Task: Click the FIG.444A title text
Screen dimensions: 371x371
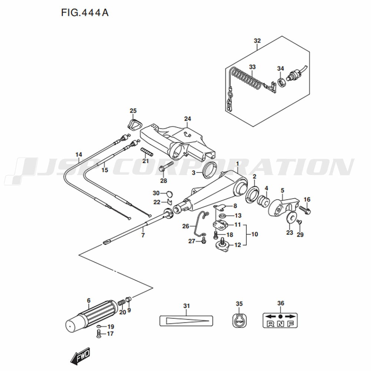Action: pos(84,13)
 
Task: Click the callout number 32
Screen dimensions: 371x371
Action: pos(257,41)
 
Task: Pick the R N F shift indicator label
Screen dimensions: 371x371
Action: pos(280,320)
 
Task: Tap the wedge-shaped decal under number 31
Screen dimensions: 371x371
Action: pos(186,320)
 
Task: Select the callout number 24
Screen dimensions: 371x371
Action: pos(187,119)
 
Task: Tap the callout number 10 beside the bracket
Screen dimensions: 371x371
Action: pos(254,234)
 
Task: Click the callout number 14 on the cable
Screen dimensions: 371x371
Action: pos(78,154)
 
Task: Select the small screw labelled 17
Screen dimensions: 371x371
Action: pos(99,334)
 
